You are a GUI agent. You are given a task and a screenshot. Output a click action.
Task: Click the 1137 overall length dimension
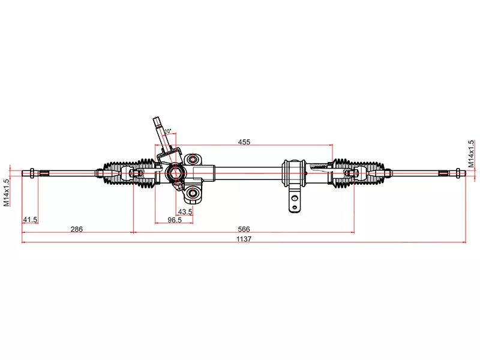point(244,238)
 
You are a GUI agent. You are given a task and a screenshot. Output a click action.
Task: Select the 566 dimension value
point(244,229)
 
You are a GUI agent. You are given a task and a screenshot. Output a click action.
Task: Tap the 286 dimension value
point(76,229)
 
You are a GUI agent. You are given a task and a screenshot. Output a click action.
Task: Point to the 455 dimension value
point(244,142)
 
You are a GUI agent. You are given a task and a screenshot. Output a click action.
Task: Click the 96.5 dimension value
point(175,220)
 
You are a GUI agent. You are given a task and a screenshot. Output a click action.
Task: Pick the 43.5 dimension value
point(185,211)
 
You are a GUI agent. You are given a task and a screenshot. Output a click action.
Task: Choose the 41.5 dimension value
point(30,220)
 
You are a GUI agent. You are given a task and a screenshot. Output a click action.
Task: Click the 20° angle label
point(167,131)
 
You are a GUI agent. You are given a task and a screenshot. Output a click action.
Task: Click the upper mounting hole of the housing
point(191,160)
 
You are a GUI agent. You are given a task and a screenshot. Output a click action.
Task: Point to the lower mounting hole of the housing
point(191,193)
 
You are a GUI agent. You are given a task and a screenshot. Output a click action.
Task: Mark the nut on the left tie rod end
point(29,174)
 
